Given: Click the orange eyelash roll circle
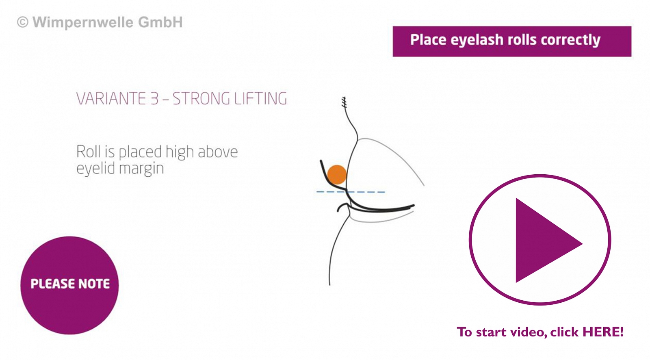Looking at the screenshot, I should [x=337, y=175].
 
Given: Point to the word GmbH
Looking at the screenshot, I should [x=160, y=22].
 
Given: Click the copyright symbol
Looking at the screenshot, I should [x=23, y=22].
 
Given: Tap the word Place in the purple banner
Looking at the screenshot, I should [x=428, y=40].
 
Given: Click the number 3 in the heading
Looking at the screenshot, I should [x=154, y=99].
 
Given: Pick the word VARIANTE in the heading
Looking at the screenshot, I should [x=110, y=99].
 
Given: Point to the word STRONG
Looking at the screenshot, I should [x=201, y=99].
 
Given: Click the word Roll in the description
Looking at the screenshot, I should [x=88, y=152].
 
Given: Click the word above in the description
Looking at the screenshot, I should [x=218, y=152].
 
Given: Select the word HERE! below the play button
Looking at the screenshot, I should [x=603, y=332].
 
